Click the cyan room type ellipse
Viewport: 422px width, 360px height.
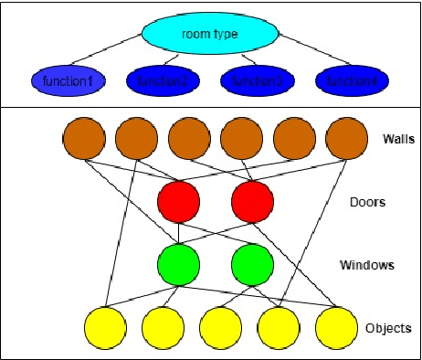pos(209,35)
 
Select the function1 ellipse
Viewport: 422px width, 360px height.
pos(65,82)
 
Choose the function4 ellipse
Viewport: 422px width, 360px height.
pos(352,82)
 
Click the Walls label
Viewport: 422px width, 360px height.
pos(400,139)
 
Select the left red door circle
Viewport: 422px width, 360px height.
pos(179,202)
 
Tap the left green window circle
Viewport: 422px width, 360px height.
pos(179,265)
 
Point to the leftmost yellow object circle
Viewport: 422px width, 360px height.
pos(106,327)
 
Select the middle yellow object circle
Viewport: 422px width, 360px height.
pos(221,327)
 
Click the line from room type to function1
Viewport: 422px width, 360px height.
pos(110,56)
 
